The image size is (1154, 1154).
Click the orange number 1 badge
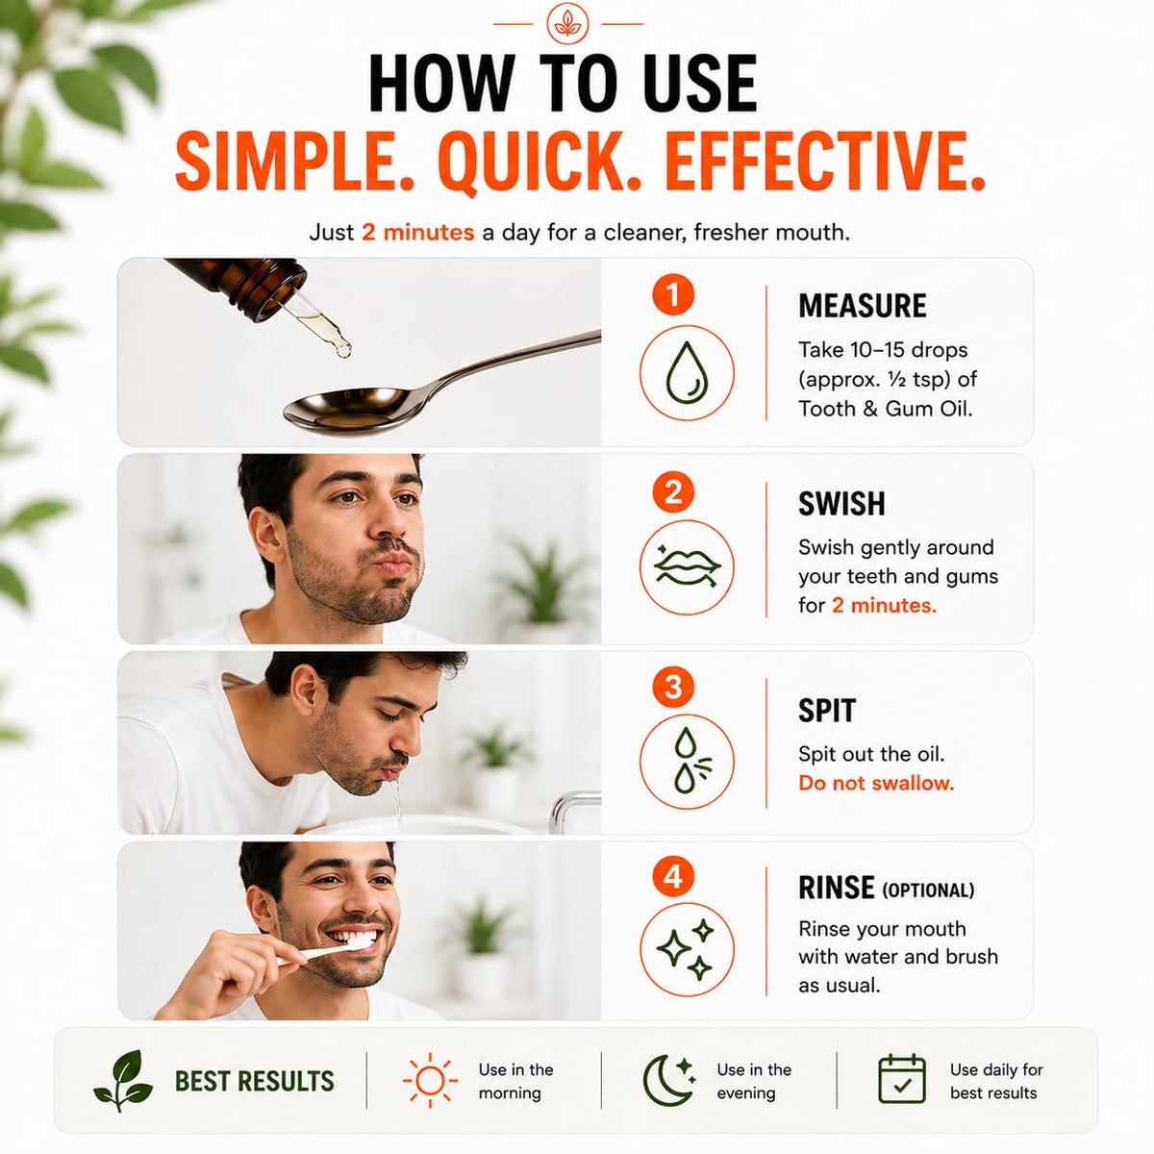[x=673, y=294]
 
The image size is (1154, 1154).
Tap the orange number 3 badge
[x=673, y=687]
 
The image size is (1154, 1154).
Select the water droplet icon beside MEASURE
[x=687, y=372]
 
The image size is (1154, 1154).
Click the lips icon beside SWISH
[x=687, y=566]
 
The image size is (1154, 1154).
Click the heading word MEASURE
[x=863, y=306]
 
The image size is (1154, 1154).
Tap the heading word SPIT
[x=827, y=711]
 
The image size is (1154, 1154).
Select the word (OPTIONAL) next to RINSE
[x=929, y=891]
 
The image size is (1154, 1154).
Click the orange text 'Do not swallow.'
[x=876, y=783]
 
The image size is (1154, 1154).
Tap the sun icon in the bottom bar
[x=430, y=1081]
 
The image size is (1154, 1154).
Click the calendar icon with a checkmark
[x=902, y=1079]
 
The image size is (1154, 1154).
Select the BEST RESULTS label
[x=254, y=1082]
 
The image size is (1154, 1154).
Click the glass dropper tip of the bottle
[x=343, y=350]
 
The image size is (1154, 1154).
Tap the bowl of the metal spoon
[x=347, y=409]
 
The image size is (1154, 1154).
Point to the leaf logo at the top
[x=567, y=23]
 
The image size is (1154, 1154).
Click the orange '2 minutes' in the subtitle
[x=418, y=232]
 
